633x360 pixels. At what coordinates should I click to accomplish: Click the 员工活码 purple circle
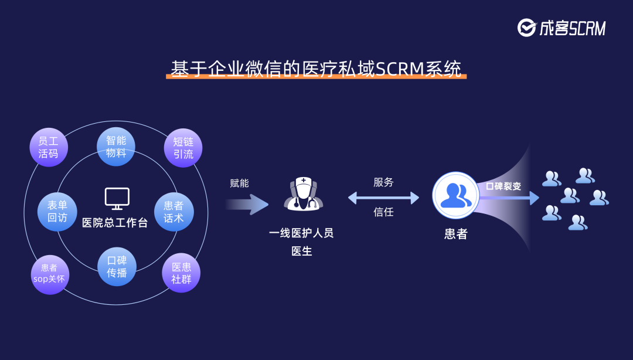tap(49, 148)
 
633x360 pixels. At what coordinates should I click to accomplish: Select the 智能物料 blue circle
tap(116, 147)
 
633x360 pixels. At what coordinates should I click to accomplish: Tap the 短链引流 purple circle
tap(183, 148)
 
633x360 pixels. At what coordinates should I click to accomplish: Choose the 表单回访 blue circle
tap(57, 212)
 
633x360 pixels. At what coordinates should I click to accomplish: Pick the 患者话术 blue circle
tap(173, 212)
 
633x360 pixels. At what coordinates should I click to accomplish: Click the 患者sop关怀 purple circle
tap(50, 274)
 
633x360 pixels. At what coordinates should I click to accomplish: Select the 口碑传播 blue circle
tap(117, 267)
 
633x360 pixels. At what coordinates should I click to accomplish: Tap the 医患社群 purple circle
tap(181, 273)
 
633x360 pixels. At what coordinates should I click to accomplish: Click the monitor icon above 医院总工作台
tap(117, 198)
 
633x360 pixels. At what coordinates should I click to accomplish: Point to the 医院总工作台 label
tap(115, 223)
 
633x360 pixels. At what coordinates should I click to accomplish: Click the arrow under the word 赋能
tap(247, 205)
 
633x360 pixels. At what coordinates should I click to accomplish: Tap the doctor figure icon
tap(303, 194)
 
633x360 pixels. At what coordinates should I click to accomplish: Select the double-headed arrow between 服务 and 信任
tap(383, 198)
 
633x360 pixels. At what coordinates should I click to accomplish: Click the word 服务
tap(383, 182)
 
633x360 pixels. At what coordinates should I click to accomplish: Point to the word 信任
tap(383, 212)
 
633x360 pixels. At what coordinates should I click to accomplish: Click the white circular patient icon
tap(456, 196)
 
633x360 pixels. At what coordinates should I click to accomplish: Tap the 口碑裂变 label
tap(503, 186)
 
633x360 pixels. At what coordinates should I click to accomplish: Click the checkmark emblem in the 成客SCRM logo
tap(526, 28)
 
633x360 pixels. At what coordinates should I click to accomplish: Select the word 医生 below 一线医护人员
tap(302, 251)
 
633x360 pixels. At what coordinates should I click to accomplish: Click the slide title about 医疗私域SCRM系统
tap(316, 69)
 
